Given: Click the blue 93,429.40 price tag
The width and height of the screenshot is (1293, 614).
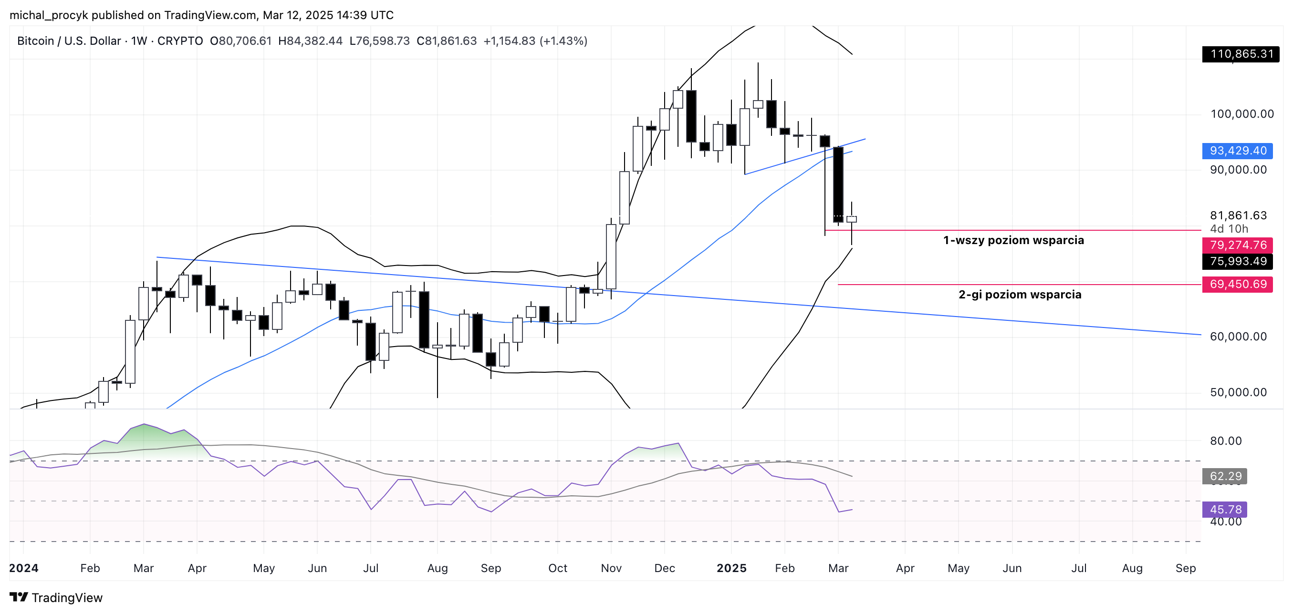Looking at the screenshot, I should click(1237, 151).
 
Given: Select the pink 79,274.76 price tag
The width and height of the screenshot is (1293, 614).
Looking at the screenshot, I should click(1237, 245).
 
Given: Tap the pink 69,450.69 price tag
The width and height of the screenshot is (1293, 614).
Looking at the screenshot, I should click(1237, 284).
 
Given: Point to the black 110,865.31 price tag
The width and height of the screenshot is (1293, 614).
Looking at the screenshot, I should click(1241, 54).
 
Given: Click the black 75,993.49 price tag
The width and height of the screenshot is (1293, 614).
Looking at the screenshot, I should click(1237, 261).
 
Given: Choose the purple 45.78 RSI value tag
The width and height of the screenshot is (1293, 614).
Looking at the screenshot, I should click(1225, 509).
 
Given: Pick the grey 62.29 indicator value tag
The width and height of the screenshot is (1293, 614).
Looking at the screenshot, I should click(1225, 476).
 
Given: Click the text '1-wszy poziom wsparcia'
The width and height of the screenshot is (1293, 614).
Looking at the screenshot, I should click(1013, 240).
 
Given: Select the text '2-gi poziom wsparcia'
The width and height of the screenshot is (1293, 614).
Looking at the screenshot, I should click(1020, 295).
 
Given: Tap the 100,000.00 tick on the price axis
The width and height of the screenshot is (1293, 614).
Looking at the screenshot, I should click(1242, 114).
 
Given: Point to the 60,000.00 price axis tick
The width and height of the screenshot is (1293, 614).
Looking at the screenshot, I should click(1238, 337).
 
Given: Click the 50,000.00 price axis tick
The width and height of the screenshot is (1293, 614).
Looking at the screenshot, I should click(1238, 392).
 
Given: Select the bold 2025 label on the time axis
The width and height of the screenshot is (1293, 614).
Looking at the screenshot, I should click(731, 568).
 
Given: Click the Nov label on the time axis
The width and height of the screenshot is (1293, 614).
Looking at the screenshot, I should click(611, 568).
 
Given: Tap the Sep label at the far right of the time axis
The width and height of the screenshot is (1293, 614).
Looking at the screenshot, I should click(1186, 568).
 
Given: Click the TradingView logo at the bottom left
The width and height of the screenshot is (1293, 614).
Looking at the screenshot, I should click(56, 597).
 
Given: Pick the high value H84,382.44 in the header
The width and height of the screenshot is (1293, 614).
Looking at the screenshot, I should click(310, 41).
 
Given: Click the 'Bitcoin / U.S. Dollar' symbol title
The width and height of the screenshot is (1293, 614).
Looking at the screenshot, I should click(69, 41).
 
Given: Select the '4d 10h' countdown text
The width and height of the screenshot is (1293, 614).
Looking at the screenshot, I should click(1229, 229).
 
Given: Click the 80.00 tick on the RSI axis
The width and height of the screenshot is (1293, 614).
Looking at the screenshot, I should click(1226, 441).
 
